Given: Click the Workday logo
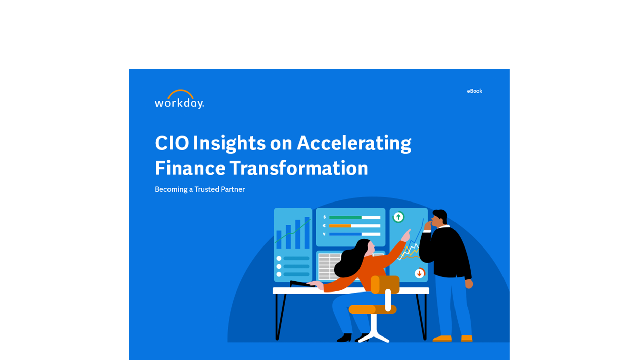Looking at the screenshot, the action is click(x=179, y=99).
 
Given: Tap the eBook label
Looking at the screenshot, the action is click(x=474, y=91).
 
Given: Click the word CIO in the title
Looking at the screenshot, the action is click(x=172, y=143).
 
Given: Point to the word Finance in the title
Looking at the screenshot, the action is click(x=190, y=168).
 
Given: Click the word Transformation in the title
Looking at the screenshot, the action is click(x=299, y=168).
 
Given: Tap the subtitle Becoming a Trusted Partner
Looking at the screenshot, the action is click(x=200, y=189).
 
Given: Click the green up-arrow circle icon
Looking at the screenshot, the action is click(x=398, y=217).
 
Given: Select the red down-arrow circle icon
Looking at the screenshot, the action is click(x=419, y=273).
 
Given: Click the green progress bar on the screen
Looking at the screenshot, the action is click(x=345, y=217).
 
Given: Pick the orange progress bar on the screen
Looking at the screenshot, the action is click(x=340, y=226).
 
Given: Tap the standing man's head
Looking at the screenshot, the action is click(x=439, y=218).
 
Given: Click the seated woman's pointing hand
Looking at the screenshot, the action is click(x=406, y=235).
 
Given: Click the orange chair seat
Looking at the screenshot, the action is click(x=373, y=309).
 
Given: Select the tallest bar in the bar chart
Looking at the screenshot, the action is click(x=307, y=233).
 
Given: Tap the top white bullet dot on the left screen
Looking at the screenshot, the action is click(x=279, y=258).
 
